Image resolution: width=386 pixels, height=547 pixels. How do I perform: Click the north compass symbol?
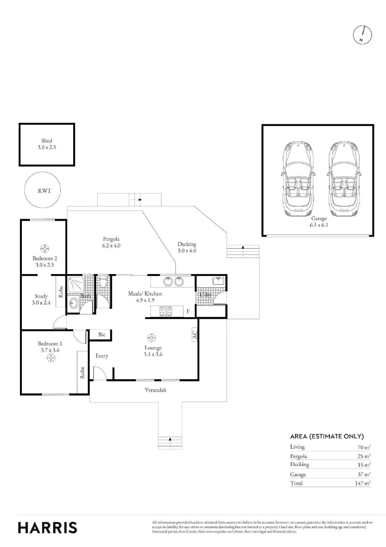pos(363,35)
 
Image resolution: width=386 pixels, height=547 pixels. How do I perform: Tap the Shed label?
pos(47,141)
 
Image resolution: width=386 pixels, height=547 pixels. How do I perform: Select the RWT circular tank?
pos(42,190)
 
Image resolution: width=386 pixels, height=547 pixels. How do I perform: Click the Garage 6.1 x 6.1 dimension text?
pos(319,225)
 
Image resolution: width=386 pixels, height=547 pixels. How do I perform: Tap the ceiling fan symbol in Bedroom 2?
pos(44,249)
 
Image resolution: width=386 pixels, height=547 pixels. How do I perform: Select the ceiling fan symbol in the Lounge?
pos(151,338)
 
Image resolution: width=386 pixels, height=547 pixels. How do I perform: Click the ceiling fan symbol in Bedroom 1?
pos(51,358)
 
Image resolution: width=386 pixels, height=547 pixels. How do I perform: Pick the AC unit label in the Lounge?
pos(195,335)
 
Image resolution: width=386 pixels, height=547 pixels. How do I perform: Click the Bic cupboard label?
pos(102,334)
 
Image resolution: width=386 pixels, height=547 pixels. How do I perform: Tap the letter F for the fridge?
pos(188,311)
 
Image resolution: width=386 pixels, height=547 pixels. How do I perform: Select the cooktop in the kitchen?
pos(166,311)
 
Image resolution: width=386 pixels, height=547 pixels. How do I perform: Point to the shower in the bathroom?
pos(76,284)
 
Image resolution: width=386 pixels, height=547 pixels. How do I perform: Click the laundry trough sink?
pos(218,281)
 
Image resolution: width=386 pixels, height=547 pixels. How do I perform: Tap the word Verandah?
pos(155,390)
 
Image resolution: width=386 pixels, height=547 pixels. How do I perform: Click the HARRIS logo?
pos(48,528)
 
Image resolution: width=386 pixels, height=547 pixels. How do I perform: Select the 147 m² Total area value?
pos(363,483)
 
